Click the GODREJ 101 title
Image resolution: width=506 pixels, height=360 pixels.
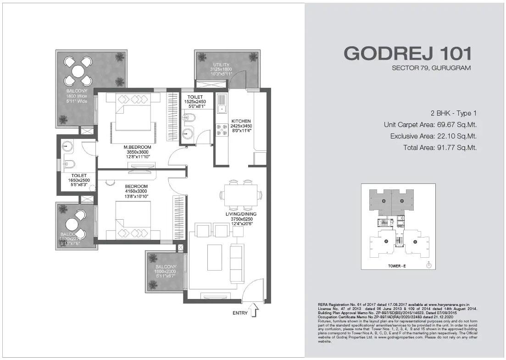click(x=407, y=53)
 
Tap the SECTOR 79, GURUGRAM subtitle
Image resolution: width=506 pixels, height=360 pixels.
click(x=431, y=68)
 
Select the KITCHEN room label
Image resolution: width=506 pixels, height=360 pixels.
click(x=241, y=121)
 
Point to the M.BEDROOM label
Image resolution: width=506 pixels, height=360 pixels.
click(x=134, y=147)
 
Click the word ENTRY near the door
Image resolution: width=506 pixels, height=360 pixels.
click(x=240, y=313)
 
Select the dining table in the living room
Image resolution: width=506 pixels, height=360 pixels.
click(x=241, y=195)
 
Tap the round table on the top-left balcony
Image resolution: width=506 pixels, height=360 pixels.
click(x=78, y=71)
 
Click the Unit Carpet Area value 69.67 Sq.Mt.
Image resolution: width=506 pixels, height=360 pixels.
click(x=455, y=124)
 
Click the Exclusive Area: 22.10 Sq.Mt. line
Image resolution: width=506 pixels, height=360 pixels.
click(x=434, y=136)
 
